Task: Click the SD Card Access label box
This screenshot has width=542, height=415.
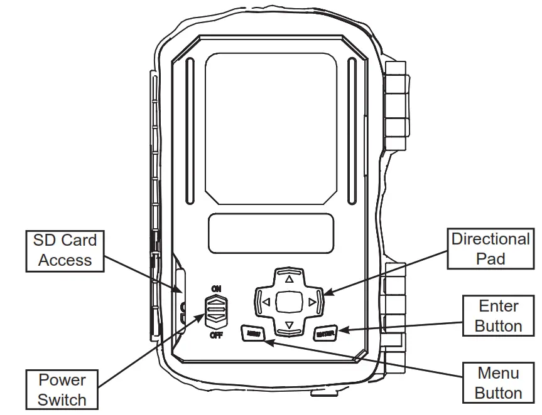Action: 65,250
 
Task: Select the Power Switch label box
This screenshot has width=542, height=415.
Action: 62,389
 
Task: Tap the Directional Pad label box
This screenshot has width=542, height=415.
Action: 491,248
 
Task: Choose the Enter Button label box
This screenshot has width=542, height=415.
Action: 498,316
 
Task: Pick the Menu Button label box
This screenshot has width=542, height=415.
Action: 499,383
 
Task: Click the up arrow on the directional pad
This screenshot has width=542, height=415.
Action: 289,279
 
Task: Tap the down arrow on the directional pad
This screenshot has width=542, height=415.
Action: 289,325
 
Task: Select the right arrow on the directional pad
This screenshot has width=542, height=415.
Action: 312,302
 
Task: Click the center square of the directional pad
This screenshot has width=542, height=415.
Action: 289,302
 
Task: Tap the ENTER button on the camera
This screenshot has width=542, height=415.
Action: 325,334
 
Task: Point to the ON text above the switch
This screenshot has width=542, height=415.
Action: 216,288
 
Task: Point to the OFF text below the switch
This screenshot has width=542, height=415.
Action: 216,335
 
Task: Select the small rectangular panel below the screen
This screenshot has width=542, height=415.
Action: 271,233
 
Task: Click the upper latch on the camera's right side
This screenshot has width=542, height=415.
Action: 396,107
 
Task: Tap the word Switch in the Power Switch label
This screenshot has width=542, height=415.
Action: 62,399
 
